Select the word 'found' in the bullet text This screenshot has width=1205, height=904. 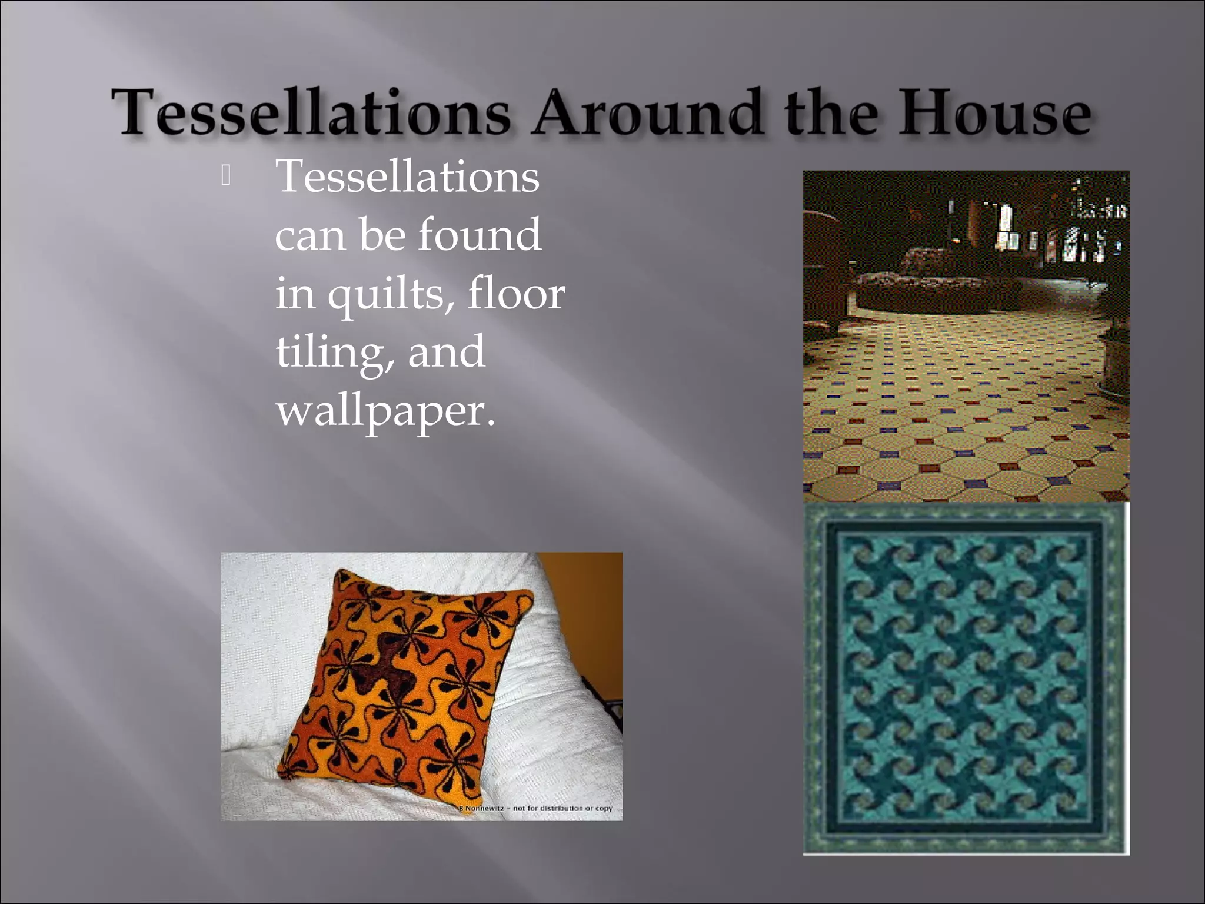[480, 234]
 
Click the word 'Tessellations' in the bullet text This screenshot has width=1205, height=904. [407, 176]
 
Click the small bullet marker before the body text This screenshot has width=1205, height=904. [225, 176]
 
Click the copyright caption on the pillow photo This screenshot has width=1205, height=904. [538, 808]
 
